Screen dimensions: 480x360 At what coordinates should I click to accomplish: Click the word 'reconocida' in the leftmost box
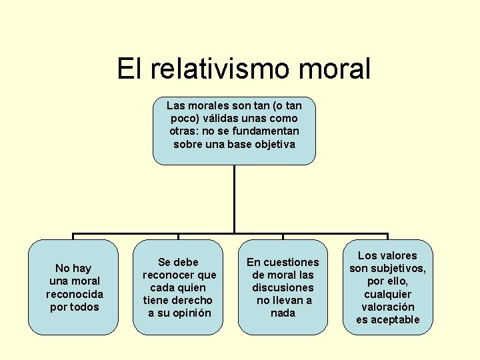point(75,294)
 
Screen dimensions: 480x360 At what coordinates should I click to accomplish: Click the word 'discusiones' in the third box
point(283,287)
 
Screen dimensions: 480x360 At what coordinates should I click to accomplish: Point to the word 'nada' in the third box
point(283,313)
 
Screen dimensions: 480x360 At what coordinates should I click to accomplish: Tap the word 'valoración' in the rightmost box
point(388,307)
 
